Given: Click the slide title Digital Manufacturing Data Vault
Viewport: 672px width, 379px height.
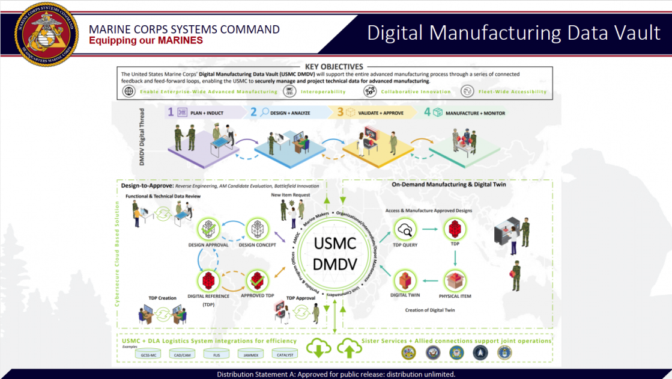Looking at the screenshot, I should (513, 32).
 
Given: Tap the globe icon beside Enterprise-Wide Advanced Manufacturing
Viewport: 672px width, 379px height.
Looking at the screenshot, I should (129, 91).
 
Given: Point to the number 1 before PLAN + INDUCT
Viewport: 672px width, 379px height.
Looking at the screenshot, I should (171, 112).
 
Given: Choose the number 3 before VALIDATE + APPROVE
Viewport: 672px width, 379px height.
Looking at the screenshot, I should (341, 112).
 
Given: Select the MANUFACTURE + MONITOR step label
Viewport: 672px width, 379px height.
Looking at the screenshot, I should (474, 112).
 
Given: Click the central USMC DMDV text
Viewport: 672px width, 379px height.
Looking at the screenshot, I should (335, 253).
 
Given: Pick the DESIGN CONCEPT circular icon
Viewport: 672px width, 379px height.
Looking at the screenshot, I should (257, 229).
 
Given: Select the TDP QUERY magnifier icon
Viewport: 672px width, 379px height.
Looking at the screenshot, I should (405, 229).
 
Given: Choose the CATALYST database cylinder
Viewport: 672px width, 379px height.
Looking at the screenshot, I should (285, 354).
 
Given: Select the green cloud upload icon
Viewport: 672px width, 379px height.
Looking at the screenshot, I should (348, 348).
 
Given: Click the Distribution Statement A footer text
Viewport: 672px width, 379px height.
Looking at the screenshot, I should (336, 374).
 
